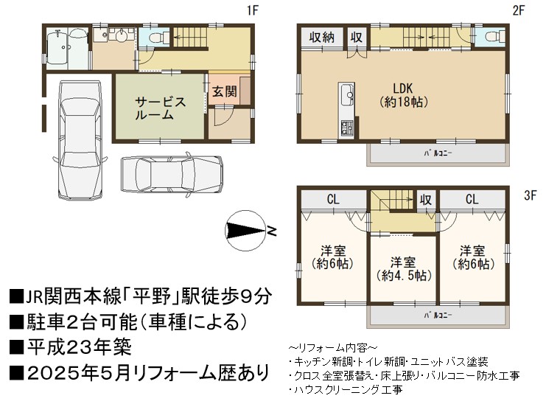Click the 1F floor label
(x=253, y=10)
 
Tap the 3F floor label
(x=530, y=195)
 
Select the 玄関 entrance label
(x=225, y=91)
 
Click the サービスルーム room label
(x=160, y=108)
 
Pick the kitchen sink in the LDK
(x=346, y=94)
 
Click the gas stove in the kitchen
(x=346, y=128)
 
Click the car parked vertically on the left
(x=81, y=140)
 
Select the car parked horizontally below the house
(x=172, y=173)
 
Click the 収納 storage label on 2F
(x=321, y=37)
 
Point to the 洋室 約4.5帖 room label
(x=404, y=268)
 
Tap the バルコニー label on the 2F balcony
(x=438, y=153)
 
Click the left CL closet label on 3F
(x=333, y=199)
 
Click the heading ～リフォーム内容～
(x=332, y=347)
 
